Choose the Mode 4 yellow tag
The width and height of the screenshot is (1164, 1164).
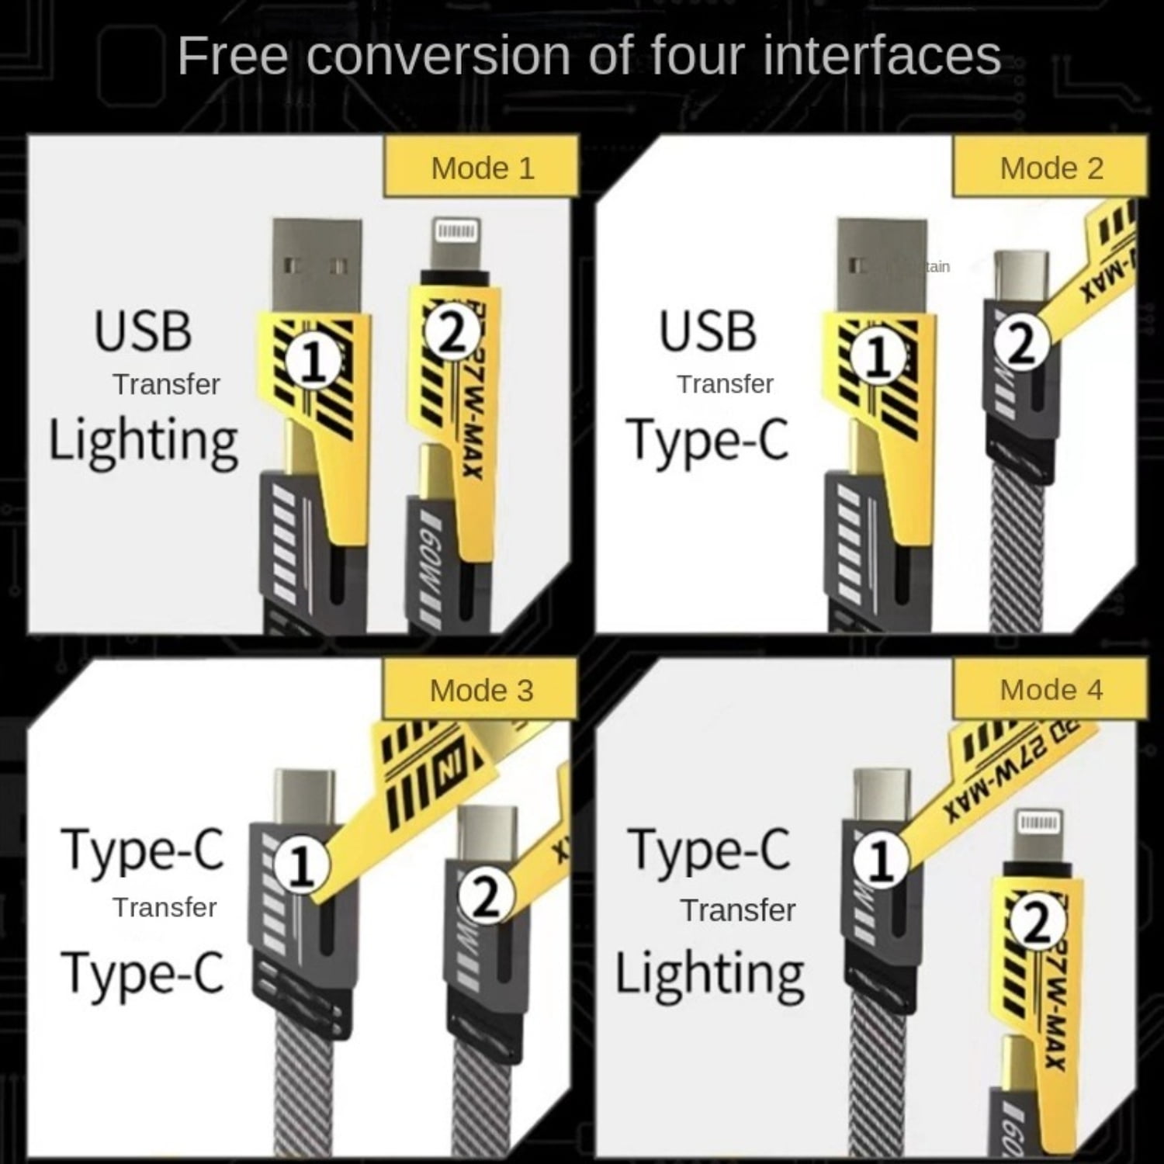tap(1051, 690)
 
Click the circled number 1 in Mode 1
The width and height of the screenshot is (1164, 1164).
tap(313, 361)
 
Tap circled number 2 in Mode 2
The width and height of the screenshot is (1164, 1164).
tap(1022, 342)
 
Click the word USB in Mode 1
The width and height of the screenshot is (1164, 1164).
tap(143, 331)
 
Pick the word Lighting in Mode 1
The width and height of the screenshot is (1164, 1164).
tap(144, 441)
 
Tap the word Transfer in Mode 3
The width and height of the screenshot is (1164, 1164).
tap(165, 907)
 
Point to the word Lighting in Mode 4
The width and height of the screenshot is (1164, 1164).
tap(709, 975)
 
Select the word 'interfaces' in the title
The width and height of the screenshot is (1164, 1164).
tap(882, 56)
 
